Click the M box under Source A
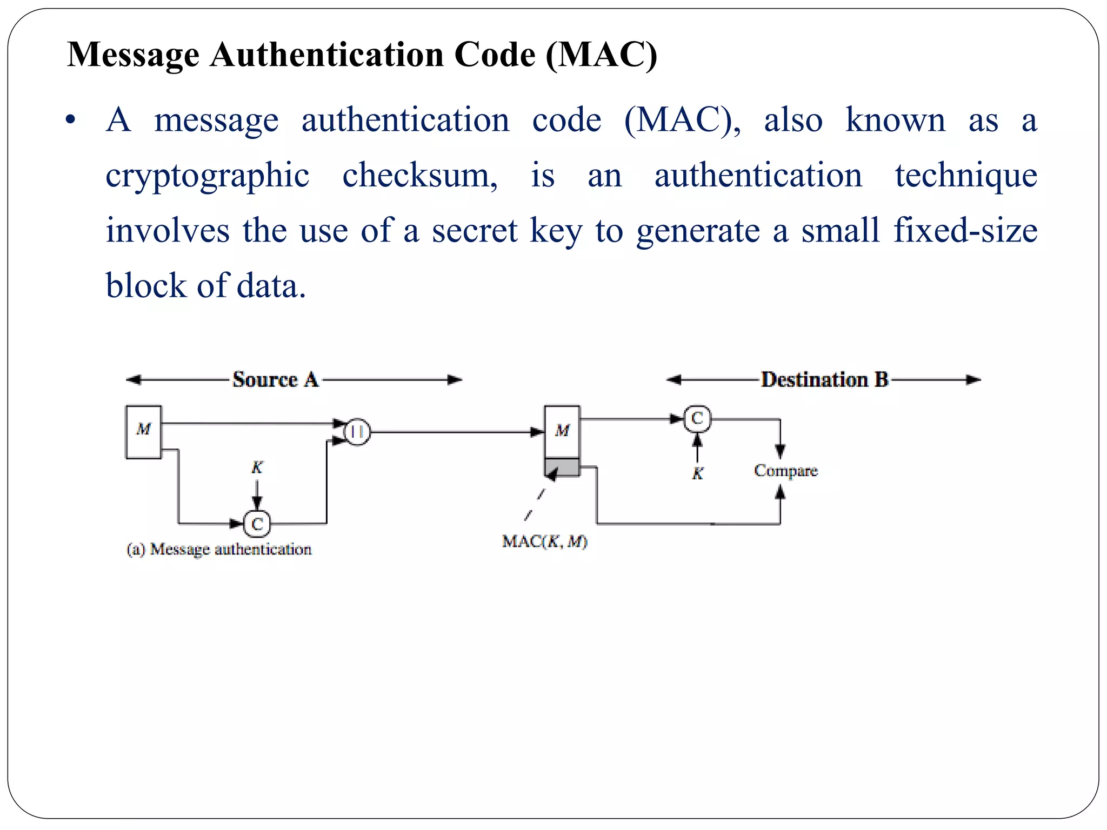(x=143, y=432)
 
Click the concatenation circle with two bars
(x=357, y=432)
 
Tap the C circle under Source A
(x=257, y=524)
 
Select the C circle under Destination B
(x=697, y=419)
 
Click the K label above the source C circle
(x=257, y=467)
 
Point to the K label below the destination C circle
(x=698, y=474)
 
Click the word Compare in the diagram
(x=786, y=471)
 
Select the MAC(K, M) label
(x=544, y=541)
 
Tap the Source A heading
(x=275, y=379)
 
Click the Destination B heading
(x=824, y=379)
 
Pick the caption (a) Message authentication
(x=219, y=550)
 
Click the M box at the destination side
(x=562, y=431)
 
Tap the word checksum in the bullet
(x=419, y=176)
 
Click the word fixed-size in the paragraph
(x=965, y=231)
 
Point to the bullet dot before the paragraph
(x=70, y=121)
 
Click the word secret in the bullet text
(x=475, y=231)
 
